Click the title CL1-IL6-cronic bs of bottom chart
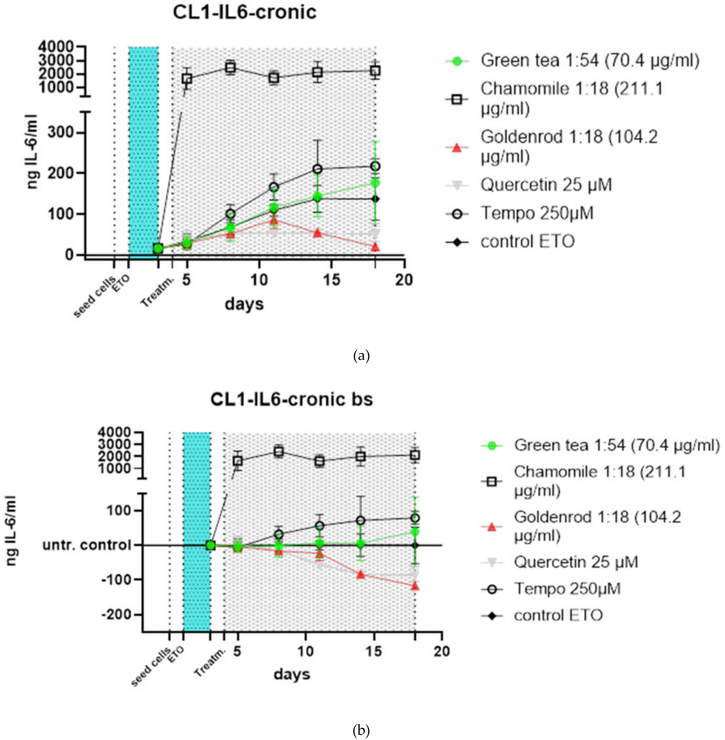pyautogui.click(x=292, y=399)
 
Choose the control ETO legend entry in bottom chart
pyautogui.click(x=558, y=615)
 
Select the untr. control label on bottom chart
pyautogui.click(x=87, y=545)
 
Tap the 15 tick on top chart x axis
pyautogui.click(x=332, y=280)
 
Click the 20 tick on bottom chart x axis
pyautogui.click(x=441, y=651)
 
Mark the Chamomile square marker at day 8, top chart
pyautogui.click(x=230, y=68)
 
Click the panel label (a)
pyautogui.click(x=361, y=356)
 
